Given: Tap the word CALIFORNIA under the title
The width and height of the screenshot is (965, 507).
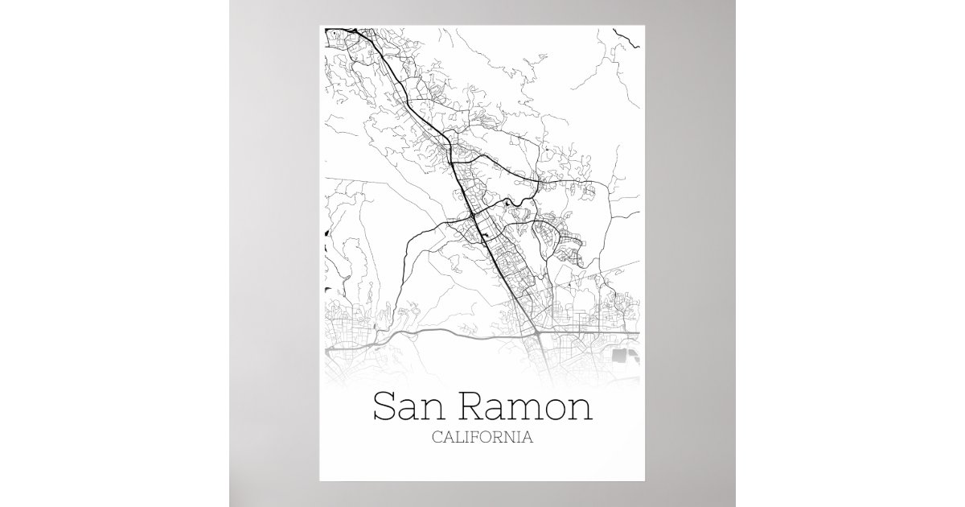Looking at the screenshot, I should (x=482, y=439).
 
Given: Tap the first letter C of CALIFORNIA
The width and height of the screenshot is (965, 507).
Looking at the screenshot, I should (x=437, y=439).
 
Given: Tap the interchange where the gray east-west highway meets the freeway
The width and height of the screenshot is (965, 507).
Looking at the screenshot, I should (x=536, y=331).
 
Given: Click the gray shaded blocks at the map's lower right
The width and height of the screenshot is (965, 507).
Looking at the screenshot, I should (x=624, y=355).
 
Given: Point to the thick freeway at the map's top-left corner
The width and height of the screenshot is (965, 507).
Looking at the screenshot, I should (x=342, y=32).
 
